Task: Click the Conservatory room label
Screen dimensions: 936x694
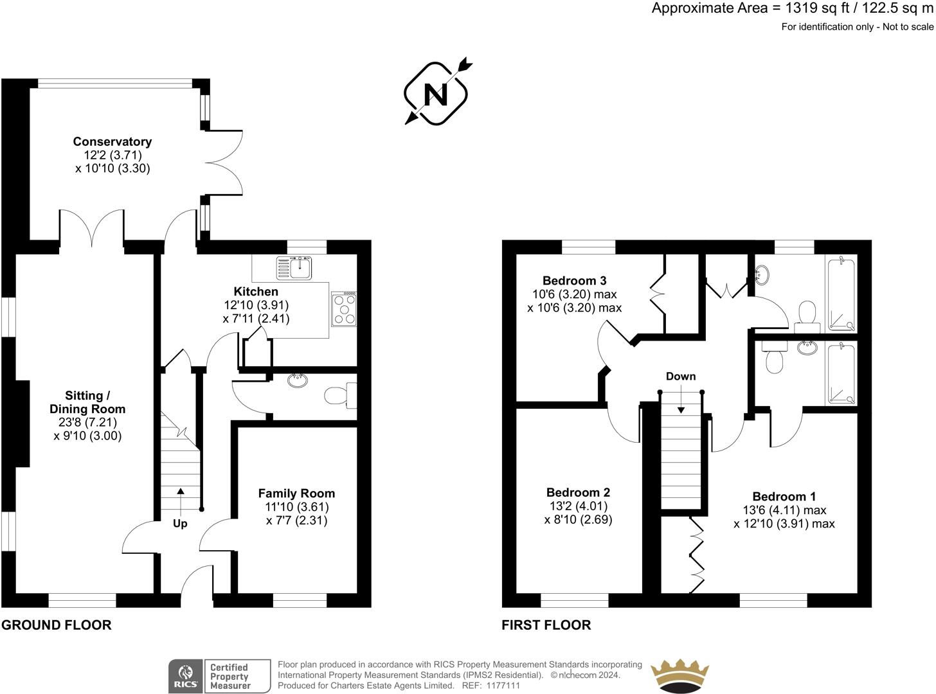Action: click(113, 141)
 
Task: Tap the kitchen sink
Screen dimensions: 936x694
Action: click(294, 268)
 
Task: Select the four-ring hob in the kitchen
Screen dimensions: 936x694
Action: click(344, 309)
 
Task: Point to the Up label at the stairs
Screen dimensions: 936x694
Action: click(180, 524)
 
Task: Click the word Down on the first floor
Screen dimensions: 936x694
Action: click(681, 376)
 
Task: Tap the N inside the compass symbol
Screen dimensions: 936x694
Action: click(436, 94)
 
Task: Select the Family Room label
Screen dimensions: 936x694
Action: click(296, 493)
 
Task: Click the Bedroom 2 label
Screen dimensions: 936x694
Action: click(578, 492)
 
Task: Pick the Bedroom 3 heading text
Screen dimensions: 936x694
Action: click(574, 280)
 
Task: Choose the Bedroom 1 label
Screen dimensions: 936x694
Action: click(784, 497)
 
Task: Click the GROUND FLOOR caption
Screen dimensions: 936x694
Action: click(57, 625)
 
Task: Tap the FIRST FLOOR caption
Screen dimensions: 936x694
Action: click(546, 625)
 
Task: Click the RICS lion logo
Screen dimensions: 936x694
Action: click(185, 676)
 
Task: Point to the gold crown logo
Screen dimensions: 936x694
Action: click(679, 675)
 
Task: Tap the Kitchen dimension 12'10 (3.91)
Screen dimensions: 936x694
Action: click(256, 305)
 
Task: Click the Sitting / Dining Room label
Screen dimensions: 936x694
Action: click(87, 402)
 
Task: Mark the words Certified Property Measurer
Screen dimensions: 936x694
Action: click(230, 676)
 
